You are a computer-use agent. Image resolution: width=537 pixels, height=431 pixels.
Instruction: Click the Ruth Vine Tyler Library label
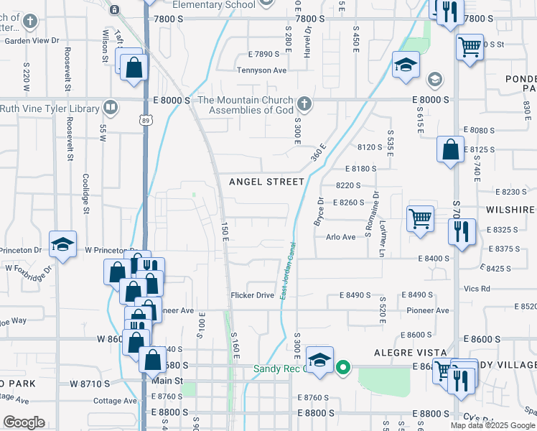(x=50, y=108)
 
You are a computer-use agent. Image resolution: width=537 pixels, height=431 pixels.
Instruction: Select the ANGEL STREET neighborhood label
(x=266, y=182)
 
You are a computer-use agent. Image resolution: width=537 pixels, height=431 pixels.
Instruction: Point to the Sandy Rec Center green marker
(x=343, y=369)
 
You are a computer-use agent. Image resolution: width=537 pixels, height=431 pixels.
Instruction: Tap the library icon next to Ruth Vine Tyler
(x=110, y=108)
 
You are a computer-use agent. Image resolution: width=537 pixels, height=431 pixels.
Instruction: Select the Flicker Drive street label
(x=252, y=295)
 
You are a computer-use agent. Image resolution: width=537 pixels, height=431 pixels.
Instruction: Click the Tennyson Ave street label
(x=262, y=70)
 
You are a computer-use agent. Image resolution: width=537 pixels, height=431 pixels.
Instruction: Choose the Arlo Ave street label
(x=340, y=237)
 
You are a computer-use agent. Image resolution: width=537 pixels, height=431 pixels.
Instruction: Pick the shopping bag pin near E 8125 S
(x=449, y=151)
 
